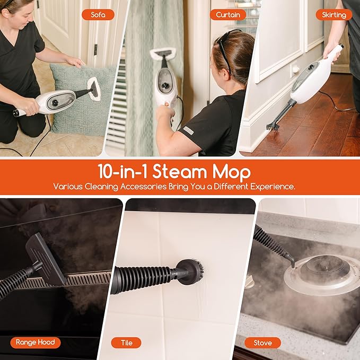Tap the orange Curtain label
pos(228,15)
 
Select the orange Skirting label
pos(333,15)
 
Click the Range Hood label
pos(36,343)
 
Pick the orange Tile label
pos(126,343)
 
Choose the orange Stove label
pos(262,343)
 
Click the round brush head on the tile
pos(191,272)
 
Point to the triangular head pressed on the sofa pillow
pos(94,89)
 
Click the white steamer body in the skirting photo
pos(313,80)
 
